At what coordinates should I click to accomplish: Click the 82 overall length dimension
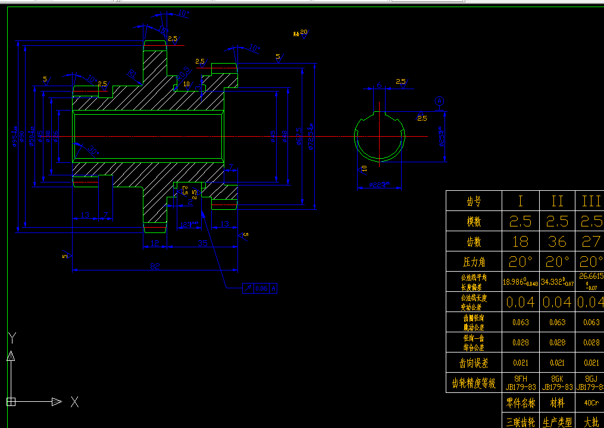tap(155, 266)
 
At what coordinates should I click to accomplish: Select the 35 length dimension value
tap(203, 243)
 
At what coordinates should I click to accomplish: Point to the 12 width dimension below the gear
tap(155, 243)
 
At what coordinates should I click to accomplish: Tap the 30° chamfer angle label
tap(92, 151)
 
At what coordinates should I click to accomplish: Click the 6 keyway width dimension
tap(379, 84)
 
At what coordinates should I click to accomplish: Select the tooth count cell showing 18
tap(520, 242)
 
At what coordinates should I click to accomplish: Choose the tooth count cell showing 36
tap(557, 242)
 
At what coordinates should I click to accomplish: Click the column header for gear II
tap(557, 202)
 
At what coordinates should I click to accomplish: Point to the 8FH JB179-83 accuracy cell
tap(520, 382)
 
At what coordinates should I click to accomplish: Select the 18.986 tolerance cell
tap(520, 282)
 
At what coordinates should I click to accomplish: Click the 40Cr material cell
tap(591, 403)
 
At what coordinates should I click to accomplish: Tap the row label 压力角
tap(474, 262)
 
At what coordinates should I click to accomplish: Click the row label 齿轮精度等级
tap(474, 383)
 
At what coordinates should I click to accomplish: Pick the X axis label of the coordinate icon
tap(74, 402)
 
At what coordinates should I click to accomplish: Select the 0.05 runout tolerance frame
tap(261, 289)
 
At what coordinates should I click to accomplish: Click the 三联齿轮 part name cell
tap(520, 422)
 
